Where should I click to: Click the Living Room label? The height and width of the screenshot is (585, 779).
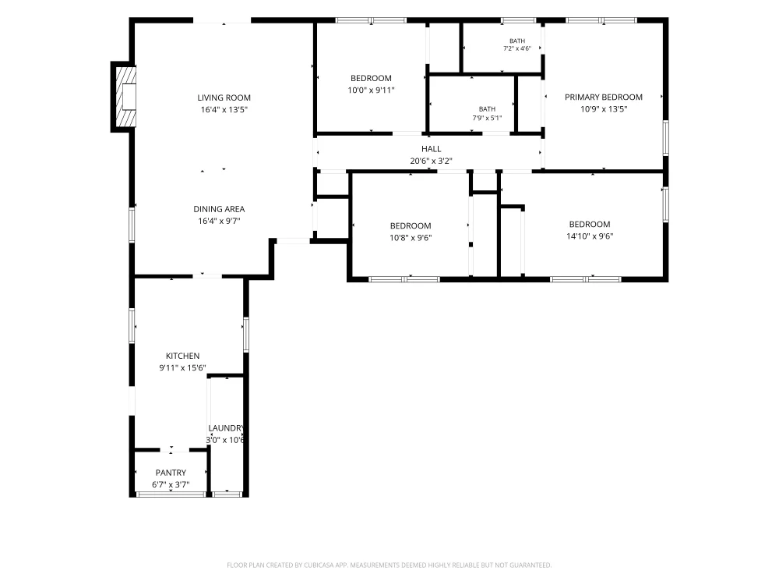[224, 98]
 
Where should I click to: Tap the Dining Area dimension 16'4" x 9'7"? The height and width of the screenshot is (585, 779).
[219, 221]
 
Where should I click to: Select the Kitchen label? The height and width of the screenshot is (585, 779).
[183, 356]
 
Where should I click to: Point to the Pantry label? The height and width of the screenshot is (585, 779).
[171, 473]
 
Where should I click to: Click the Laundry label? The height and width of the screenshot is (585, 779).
[226, 428]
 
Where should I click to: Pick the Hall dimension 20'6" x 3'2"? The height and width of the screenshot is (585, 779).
[432, 161]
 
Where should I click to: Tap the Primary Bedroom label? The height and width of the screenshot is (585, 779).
[604, 97]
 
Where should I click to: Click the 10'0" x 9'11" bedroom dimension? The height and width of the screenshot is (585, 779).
[371, 90]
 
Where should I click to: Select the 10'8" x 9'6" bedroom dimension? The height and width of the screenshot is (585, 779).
[411, 238]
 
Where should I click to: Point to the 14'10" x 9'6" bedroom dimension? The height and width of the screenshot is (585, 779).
[590, 236]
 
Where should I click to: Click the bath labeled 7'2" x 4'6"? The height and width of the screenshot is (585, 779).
[517, 44]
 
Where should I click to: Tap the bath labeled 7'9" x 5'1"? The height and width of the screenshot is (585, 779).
[487, 113]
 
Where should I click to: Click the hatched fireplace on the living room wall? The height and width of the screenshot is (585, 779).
[126, 97]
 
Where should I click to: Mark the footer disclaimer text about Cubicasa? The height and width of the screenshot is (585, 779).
[389, 565]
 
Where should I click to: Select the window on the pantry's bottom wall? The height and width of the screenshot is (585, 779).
[171, 495]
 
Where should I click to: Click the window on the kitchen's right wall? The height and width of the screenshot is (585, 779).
[246, 335]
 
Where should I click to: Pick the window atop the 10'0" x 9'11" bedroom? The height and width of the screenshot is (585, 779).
[371, 20]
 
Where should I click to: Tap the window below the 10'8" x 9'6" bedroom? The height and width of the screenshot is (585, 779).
[404, 279]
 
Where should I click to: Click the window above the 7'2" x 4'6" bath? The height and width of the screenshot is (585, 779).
[518, 20]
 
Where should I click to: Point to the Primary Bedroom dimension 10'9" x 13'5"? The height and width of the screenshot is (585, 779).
[604, 109]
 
